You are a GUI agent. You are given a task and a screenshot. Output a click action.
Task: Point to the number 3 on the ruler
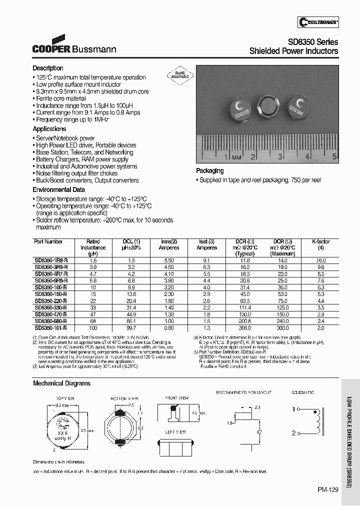[280, 157]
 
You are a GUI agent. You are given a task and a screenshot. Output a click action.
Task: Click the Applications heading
[49, 129]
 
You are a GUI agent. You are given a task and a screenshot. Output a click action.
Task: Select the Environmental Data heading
[58, 190]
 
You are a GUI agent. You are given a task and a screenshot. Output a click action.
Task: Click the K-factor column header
[321, 242]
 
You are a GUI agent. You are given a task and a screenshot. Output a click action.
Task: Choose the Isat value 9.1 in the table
[206, 260]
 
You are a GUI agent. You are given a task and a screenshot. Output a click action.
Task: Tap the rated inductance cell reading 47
[93, 314]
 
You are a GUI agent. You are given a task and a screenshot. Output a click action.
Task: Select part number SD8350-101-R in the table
[50, 328]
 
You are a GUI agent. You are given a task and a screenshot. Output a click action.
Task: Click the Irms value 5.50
[168, 260]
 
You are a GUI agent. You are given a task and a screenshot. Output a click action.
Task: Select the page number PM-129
[328, 490]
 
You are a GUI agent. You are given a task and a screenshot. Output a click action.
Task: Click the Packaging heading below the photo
[210, 171]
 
